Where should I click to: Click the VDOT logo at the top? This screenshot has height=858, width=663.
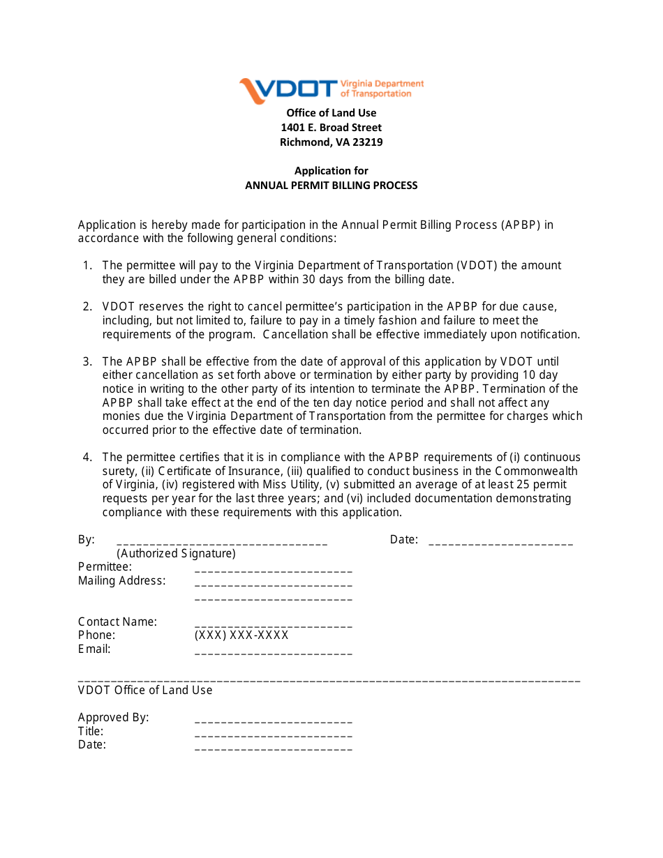pos(331,89)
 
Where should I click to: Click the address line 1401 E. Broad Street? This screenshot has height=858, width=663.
pos(331,128)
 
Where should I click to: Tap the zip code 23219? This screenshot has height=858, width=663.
pos(368,142)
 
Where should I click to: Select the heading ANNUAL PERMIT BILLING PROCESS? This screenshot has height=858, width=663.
pos(331,186)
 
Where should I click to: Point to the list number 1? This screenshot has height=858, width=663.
pos(87,266)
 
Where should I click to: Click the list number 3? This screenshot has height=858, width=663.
pos(87,362)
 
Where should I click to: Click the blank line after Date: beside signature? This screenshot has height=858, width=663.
pos(500,542)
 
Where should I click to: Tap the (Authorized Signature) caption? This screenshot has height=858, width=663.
pos(176,554)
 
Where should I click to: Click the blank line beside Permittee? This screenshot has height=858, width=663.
pos(273,570)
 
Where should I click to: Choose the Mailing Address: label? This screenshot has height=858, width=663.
pos(122,581)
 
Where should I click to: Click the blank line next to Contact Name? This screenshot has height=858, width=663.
pos(273,625)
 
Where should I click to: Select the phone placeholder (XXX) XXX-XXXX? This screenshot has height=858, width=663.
pos(241,635)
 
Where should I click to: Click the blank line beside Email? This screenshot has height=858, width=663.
pos(273,652)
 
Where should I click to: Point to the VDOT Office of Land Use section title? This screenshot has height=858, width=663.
pos(145,691)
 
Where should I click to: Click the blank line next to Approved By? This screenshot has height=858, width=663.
pos(273,721)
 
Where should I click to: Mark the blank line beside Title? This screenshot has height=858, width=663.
pos(273,735)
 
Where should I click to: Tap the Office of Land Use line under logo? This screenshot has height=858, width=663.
pos(331,113)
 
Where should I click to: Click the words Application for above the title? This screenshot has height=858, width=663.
pos(331,171)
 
